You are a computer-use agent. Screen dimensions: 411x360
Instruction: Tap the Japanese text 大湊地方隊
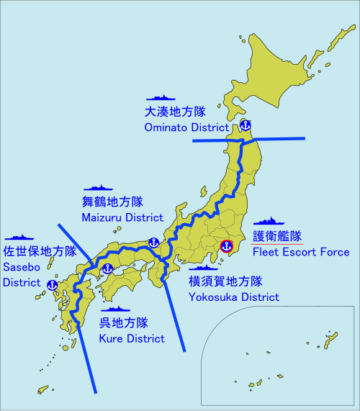point(175,112)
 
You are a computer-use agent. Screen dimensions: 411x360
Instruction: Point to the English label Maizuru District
point(123,217)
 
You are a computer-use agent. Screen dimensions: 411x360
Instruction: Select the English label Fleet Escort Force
point(301,252)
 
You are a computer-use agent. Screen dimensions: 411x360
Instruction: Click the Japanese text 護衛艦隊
point(277,236)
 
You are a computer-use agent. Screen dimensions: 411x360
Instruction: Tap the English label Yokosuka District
point(234,296)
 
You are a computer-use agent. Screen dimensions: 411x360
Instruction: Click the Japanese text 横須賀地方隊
point(225,281)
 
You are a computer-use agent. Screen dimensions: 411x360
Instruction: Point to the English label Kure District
point(132,338)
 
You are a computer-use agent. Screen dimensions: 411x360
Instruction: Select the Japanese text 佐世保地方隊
point(40,252)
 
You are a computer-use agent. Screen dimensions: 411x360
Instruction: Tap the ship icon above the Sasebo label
point(20,236)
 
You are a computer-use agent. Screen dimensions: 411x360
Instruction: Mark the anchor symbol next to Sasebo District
point(51,284)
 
